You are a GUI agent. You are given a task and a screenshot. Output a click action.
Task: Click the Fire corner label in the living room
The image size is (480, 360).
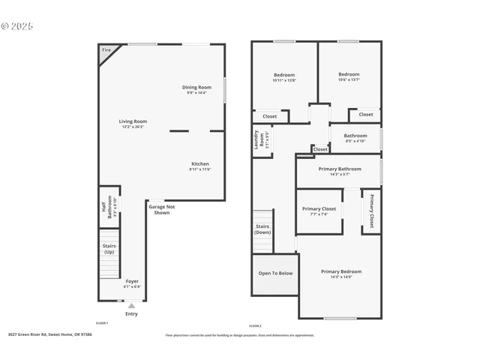pyautogui.click(x=106, y=50)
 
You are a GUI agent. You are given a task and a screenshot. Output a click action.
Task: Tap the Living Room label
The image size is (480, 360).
pyautogui.click(x=133, y=121)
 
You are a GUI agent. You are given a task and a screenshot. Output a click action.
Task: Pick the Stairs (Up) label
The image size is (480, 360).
pyautogui.click(x=109, y=248)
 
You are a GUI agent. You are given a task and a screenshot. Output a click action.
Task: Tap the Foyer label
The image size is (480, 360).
pyautogui.click(x=131, y=282)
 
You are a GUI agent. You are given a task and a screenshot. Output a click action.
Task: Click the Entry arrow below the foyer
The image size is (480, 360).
pyautogui.click(x=131, y=306)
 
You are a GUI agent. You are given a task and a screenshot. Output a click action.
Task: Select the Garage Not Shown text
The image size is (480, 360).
pyautogui.click(x=161, y=209)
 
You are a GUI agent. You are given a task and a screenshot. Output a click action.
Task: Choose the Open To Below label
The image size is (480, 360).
pyautogui.click(x=275, y=273)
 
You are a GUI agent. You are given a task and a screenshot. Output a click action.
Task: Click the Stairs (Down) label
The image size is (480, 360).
pyautogui.click(x=262, y=228)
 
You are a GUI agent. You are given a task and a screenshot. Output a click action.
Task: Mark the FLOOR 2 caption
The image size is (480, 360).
pyautogui.click(x=255, y=325)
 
